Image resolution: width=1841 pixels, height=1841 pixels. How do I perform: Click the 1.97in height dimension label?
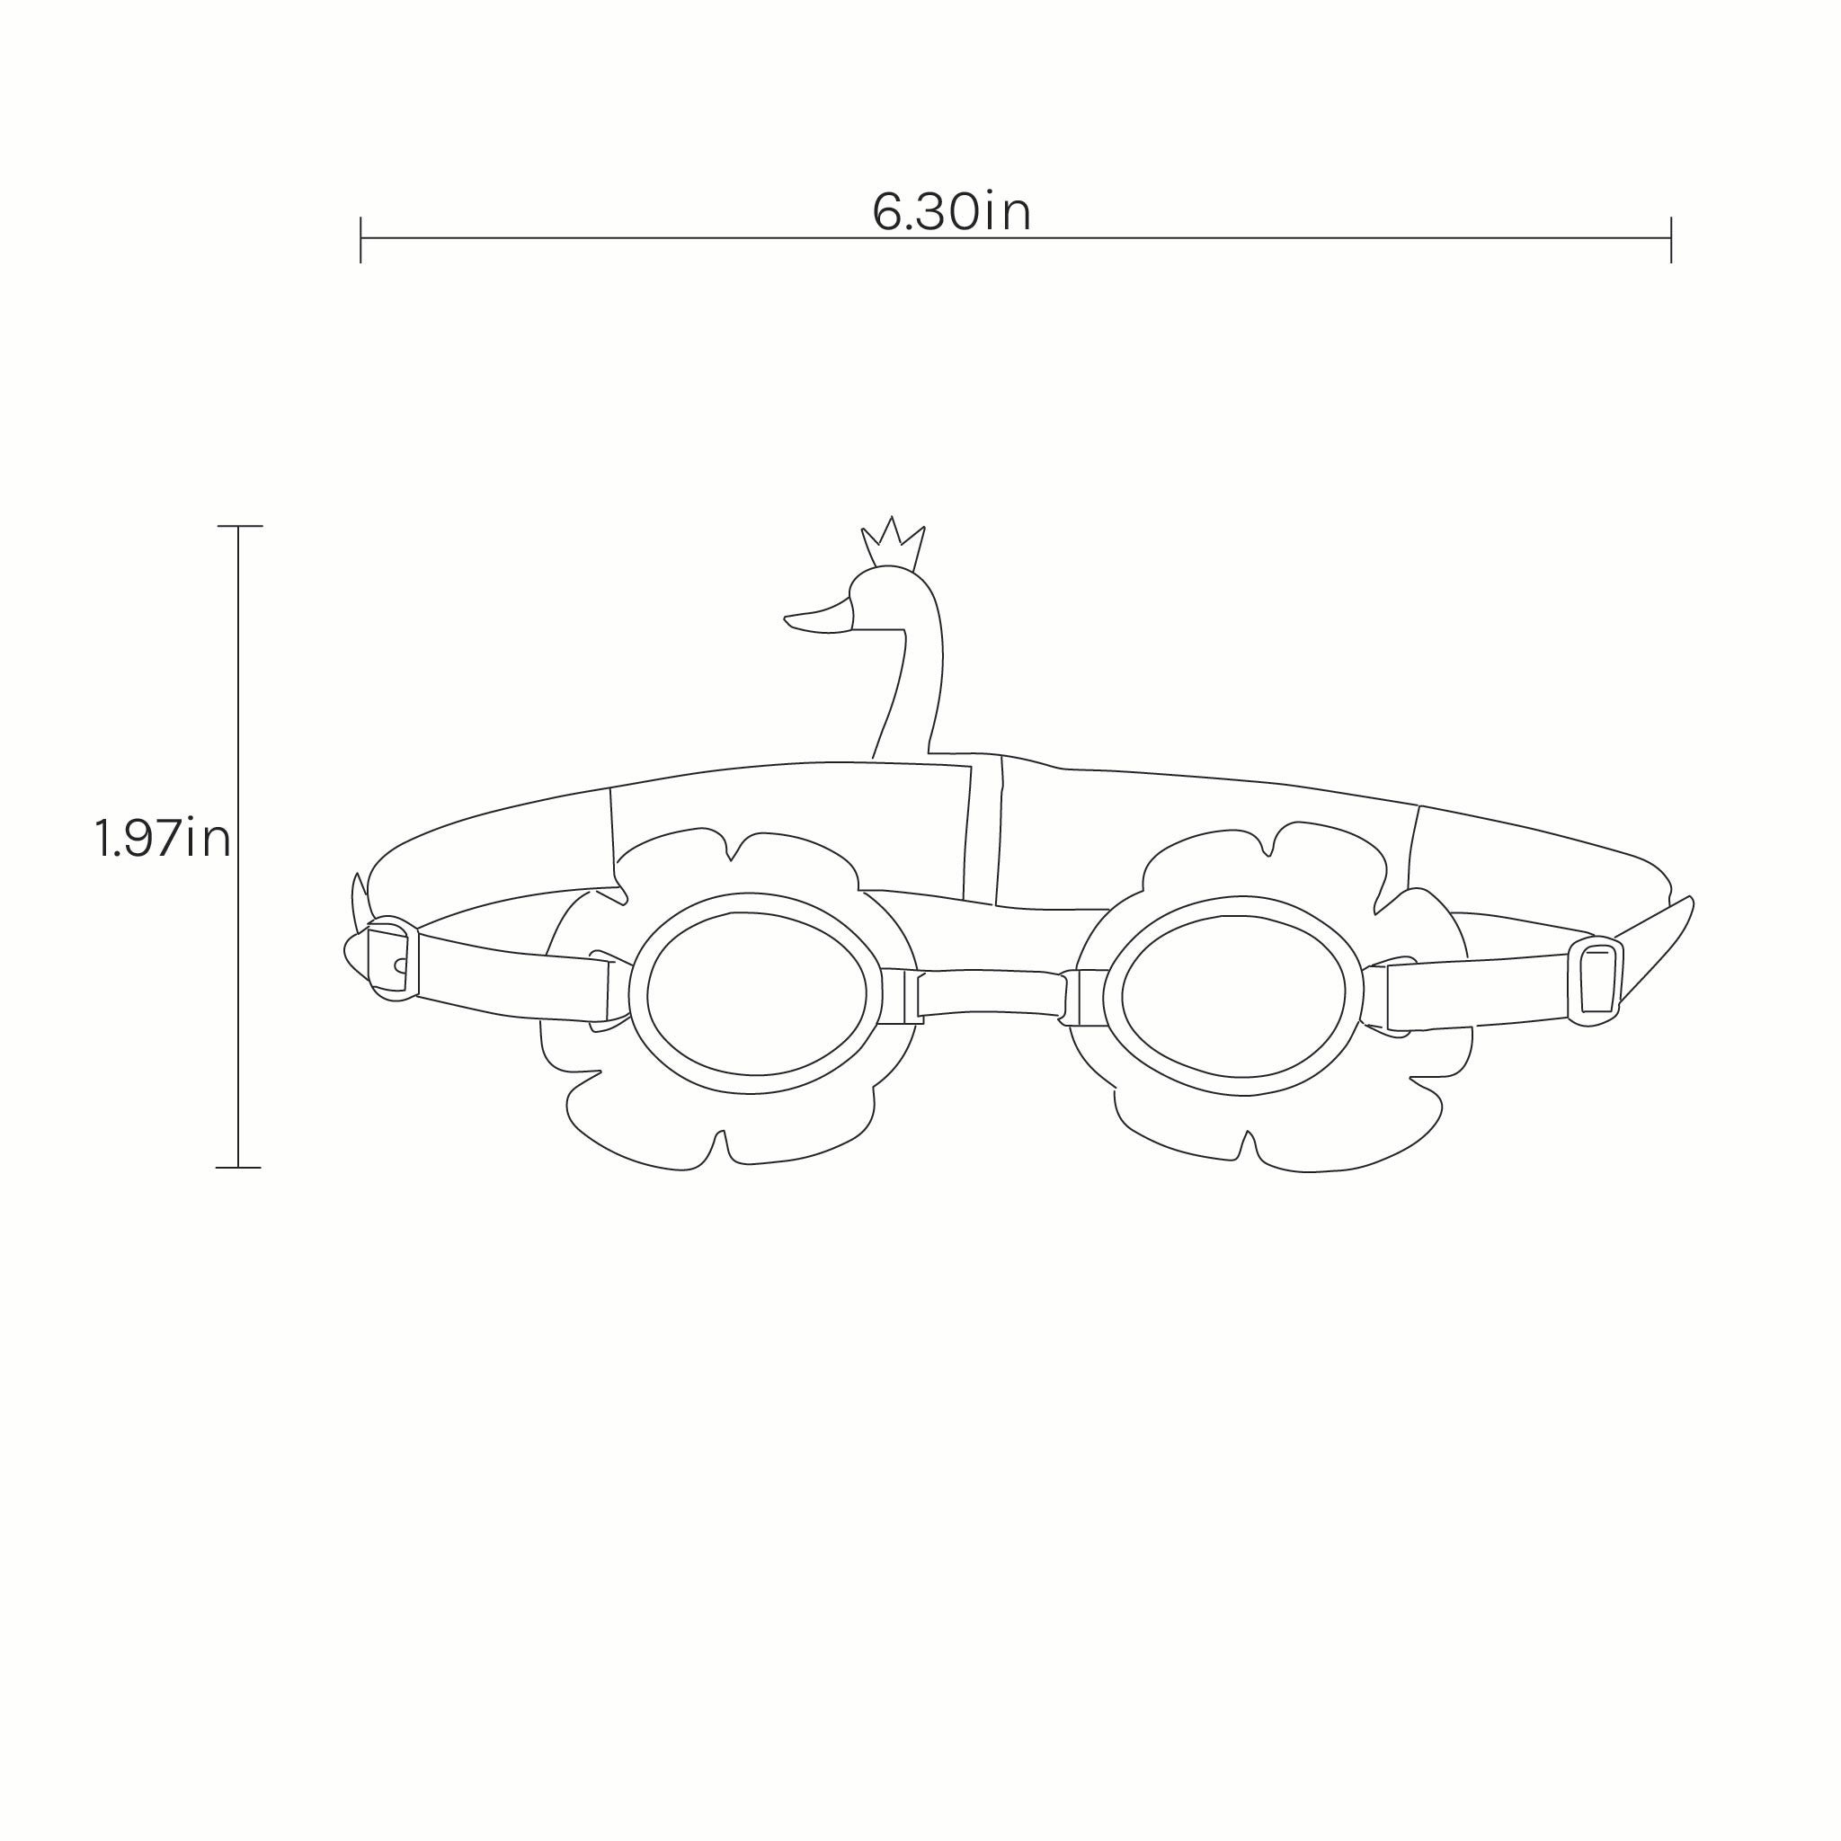(163, 839)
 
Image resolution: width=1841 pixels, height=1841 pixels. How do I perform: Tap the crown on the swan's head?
(893, 544)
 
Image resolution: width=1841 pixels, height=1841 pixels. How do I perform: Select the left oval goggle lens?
(757, 993)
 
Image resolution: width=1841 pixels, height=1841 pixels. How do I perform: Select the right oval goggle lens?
(1233, 996)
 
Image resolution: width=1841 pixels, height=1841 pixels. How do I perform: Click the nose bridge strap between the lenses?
(991, 993)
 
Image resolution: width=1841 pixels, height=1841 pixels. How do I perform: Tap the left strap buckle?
(391, 959)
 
